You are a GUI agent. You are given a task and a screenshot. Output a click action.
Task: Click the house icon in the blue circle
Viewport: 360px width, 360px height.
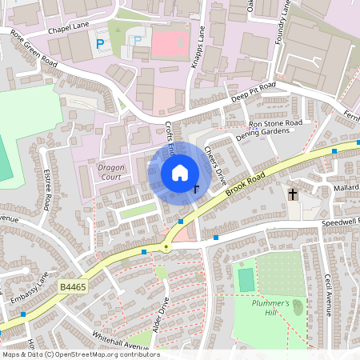pyautogui.click(x=180, y=172)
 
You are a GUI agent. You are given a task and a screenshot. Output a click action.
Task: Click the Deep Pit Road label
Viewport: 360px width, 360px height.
pyautogui.click(x=253, y=91)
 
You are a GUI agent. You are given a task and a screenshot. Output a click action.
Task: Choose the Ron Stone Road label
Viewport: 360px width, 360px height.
pyautogui.click(x=275, y=124)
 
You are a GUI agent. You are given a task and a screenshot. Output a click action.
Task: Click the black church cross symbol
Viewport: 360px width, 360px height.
pyautogui.click(x=293, y=194)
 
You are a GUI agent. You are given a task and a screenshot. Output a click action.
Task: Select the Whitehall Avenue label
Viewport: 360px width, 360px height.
pyautogui.click(x=120, y=342)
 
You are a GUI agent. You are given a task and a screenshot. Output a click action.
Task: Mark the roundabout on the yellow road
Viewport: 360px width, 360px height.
pyautogui.click(x=166, y=247)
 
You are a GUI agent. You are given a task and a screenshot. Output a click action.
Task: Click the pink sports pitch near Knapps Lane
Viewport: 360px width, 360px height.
pyautogui.click(x=166, y=42)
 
